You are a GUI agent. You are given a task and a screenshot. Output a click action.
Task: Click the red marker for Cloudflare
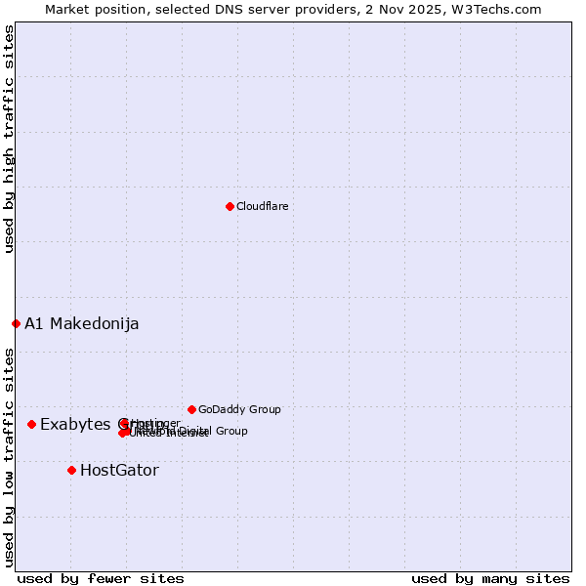tap(230, 206)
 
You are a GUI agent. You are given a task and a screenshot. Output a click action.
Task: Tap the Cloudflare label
tap(262, 206)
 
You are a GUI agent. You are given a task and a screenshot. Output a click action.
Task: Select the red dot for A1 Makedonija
tap(16, 323)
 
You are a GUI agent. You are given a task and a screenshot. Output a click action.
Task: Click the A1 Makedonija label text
tap(82, 323)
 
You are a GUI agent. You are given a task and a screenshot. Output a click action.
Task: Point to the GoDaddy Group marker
tap(191, 409)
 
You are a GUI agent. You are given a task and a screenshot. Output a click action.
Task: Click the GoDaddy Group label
tap(239, 409)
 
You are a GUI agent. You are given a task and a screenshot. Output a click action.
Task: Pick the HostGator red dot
tap(71, 470)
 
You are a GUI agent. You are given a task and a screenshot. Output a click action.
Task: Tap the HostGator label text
tap(119, 470)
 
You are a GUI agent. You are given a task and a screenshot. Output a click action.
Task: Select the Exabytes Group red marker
tap(31, 424)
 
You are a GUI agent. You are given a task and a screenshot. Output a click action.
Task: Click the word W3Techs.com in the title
tap(503, 9)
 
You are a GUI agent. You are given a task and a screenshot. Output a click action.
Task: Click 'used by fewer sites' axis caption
tap(101, 578)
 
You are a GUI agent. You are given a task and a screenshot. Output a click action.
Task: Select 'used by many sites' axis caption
tap(490, 578)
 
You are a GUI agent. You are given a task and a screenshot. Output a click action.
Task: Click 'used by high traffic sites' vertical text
tap(9, 139)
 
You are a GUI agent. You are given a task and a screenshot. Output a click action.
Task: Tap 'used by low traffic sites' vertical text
tap(9, 456)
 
